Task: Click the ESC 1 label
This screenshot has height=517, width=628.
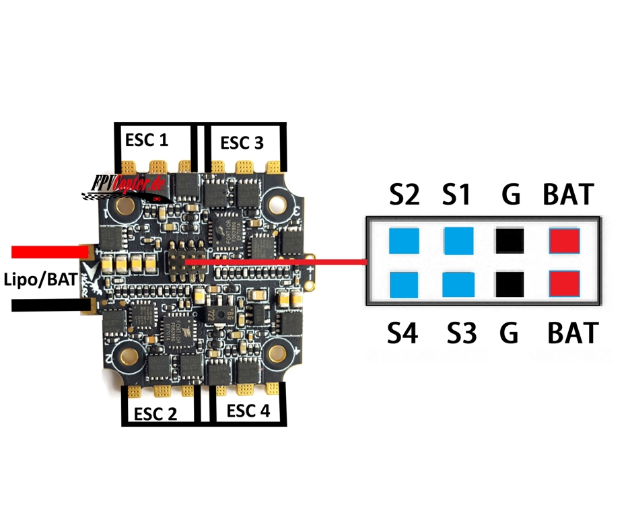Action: (x=146, y=140)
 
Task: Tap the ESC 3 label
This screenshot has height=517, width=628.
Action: (x=242, y=143)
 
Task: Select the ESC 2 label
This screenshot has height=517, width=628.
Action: (x=155, y=413)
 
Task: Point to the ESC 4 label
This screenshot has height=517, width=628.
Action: (x=248, y=411)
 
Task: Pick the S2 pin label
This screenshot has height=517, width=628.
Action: (x=405, y=195)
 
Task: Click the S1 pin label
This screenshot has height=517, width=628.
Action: (x=457, y=195)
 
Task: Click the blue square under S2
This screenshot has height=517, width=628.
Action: (x=404, y=240)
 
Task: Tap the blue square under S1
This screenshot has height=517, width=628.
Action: (x=458, y=240)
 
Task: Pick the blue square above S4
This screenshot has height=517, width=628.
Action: (x=404, y=285)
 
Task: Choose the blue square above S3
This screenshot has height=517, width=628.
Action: (x=458, y=285)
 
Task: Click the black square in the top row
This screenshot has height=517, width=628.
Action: (x=510, y=240)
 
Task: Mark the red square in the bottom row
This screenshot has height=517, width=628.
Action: (x=564, y=285)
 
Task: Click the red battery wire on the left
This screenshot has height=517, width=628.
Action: (x=47, y=252)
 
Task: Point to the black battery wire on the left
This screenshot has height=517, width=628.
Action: (x=47, y=306)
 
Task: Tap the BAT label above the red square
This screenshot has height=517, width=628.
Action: (x=569, y=195)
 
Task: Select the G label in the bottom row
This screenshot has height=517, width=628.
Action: (x=510, y=333)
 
